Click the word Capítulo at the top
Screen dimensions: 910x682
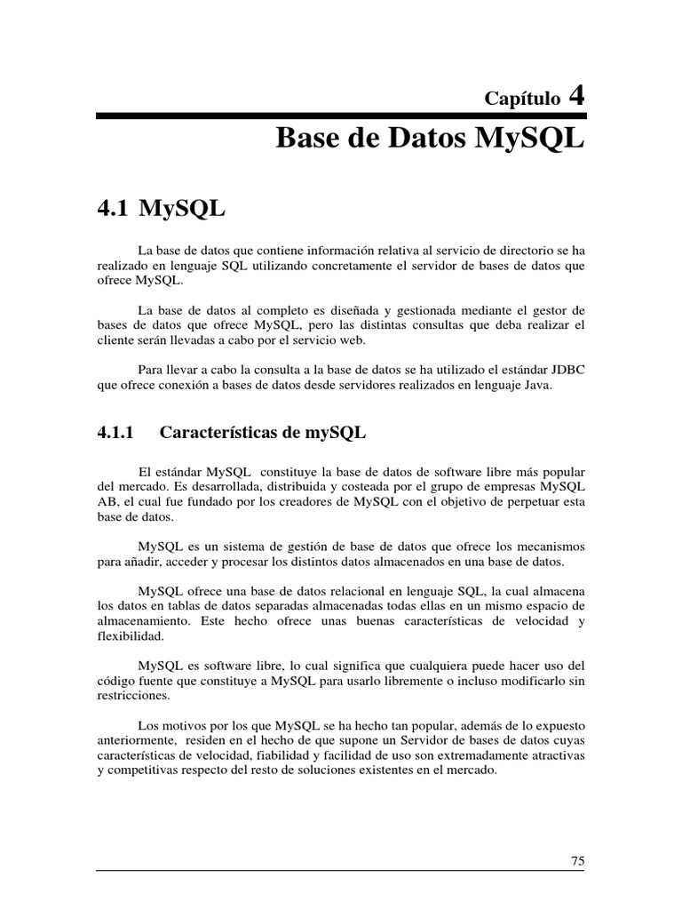[x=522, y=98]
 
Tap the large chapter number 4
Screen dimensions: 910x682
[x=576, y=94]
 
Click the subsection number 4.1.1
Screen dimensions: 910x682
[x=115, y=433]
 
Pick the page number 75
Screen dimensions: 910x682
[x=577, y=860]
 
